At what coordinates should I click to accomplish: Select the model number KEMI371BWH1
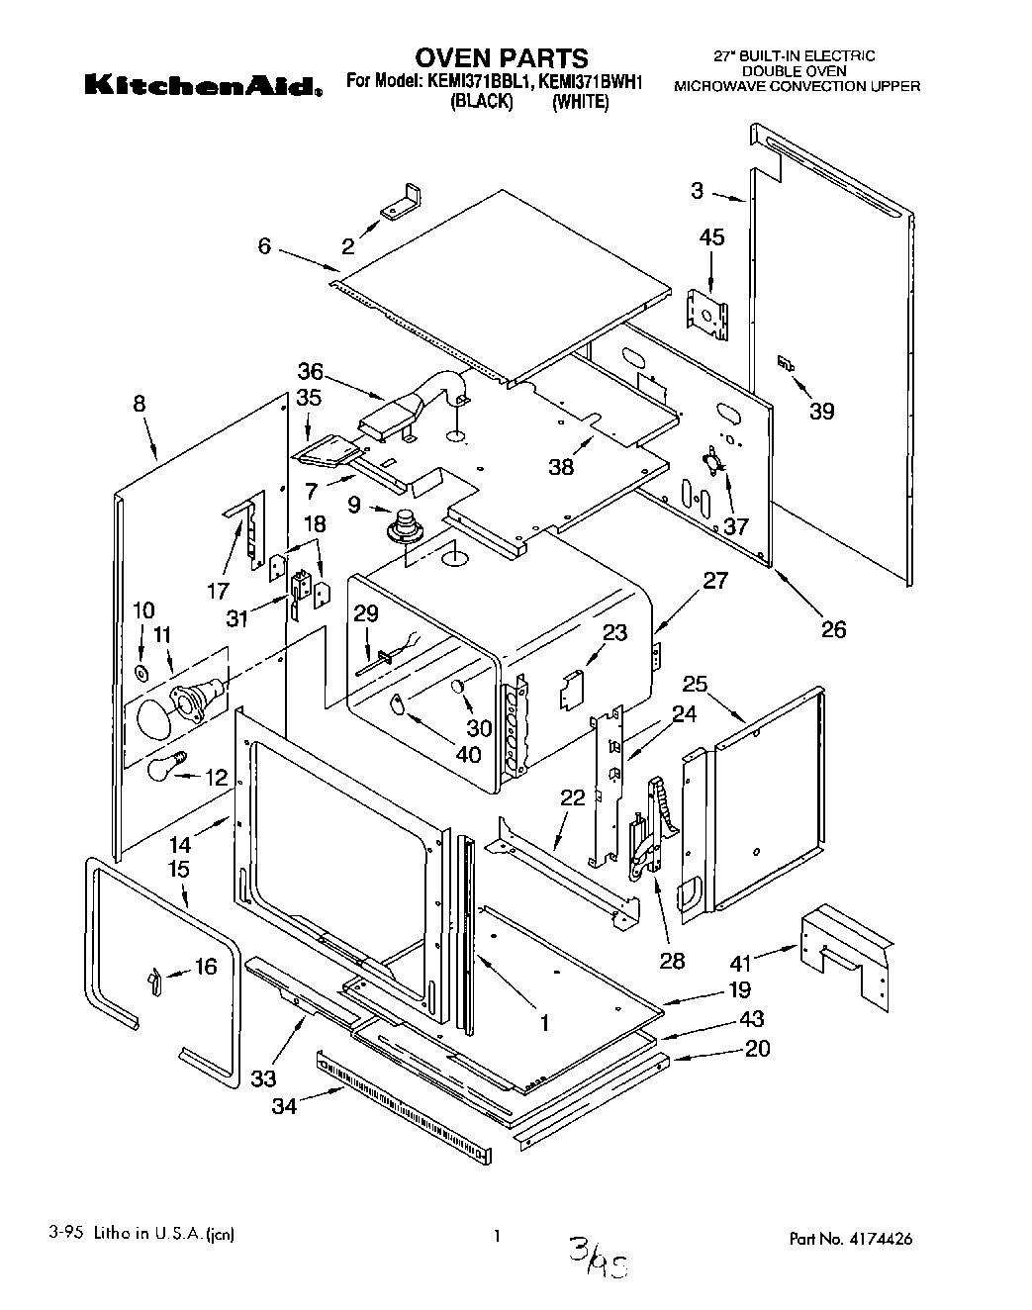click(x=590, y=82)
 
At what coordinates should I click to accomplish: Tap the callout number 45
click(x=711, y=237)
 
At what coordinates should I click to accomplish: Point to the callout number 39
click(x=821, y=412)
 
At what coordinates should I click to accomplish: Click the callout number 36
click(x=310, y=372)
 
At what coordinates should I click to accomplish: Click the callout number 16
click(x=205, y=967)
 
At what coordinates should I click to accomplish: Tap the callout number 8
click(x=139, y=404)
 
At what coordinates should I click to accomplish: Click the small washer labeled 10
click(x=142, y=675)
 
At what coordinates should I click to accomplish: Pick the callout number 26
click(x=834, y=629)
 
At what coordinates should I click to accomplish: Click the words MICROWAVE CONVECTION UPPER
click(x=797, y=87)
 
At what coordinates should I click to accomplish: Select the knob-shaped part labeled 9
click(x=405, y=524)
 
